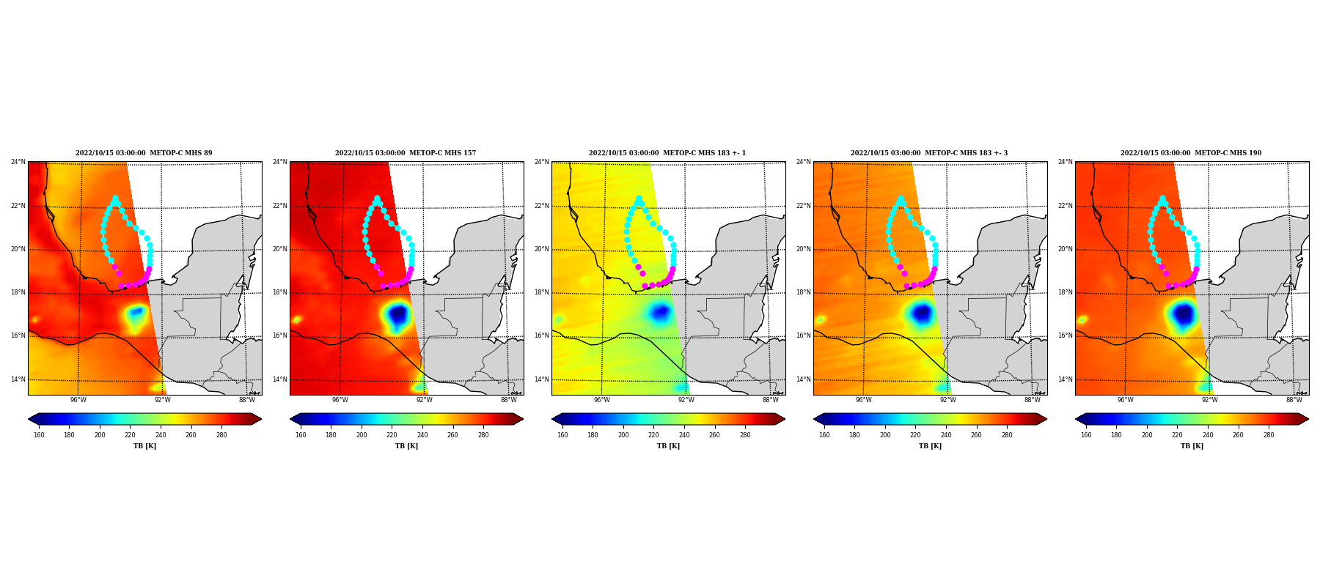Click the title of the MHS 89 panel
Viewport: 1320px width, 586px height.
144,153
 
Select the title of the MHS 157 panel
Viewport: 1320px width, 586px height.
406,153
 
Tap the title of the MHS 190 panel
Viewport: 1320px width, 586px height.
1191,153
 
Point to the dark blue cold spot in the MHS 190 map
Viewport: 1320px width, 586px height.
1183,315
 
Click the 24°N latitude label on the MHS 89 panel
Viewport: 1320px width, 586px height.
18,162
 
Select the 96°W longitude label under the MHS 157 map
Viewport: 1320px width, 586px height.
340,400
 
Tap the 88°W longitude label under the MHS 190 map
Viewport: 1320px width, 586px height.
1294,400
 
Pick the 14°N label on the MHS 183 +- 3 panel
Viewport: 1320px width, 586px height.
803,379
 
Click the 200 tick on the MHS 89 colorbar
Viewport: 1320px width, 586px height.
100,435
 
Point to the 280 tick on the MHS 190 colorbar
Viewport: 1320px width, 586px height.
1269,435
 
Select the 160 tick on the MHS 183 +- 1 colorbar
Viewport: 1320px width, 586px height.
562,435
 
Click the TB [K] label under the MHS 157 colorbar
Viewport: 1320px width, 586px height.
407,446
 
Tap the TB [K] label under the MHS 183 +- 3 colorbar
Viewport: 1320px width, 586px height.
931,446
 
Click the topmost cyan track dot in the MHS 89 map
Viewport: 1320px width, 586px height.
115,198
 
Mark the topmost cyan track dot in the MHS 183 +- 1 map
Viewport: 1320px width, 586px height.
639,198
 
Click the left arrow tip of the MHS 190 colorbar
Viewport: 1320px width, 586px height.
1076,419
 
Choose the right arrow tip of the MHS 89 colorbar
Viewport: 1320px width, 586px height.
261,419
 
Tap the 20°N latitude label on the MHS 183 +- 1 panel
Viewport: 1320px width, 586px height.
541,249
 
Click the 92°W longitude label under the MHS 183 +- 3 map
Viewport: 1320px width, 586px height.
948,400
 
